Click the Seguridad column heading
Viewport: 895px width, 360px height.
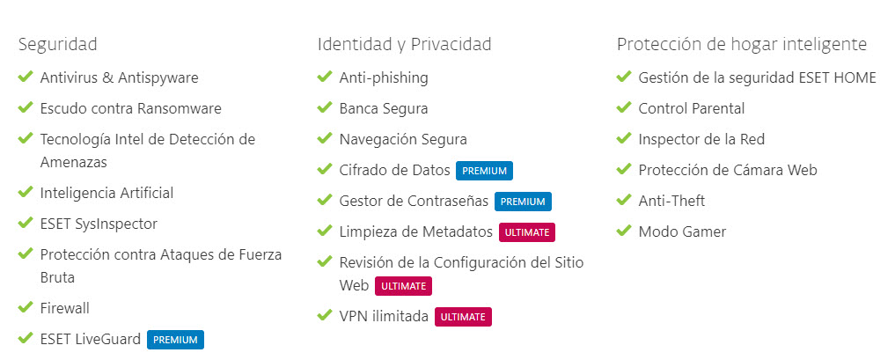(x=58, y=45)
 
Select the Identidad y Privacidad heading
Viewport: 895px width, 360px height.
(x=404, y=45)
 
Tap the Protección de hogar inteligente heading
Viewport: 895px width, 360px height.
(x=742, y=45)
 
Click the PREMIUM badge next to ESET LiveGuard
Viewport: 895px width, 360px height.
(x=175, y=340)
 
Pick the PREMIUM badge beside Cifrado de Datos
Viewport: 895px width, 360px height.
(x=485, y=171)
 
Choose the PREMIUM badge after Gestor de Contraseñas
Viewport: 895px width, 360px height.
(x=523, y=202)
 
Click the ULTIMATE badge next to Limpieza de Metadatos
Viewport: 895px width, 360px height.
(x=527, y=232)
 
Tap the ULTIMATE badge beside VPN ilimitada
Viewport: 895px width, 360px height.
(x=463, y=317)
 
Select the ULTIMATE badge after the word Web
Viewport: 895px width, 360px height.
(x=403, y=286)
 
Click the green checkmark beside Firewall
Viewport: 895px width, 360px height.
(x=26, y=307)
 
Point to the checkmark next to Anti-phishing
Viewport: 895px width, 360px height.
(x=324, y=76)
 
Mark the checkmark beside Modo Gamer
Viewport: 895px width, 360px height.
(x=623, y=230)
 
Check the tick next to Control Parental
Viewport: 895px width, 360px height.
(x=623, y=107)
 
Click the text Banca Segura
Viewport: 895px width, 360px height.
(x=384, y=108)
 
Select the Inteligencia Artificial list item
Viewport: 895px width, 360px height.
(x=106, y=194)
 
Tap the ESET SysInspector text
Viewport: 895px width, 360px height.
(x=99, y=224)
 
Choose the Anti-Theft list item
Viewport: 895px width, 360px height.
(x=671, y=201)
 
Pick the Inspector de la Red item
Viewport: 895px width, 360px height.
(x=701, y=139)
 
